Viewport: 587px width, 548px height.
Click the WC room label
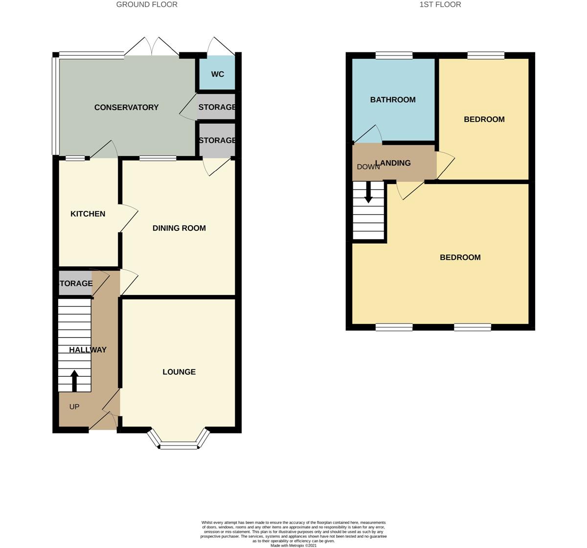tap(218, 74)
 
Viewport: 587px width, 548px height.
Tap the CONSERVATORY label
tap(127, 107)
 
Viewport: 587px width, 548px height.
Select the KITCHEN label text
tap(88, 214)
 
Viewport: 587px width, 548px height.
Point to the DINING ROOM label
tap(179, 228)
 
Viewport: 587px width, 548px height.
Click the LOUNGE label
tap(179, 372)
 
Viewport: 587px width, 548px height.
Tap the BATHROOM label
tap(393, 100)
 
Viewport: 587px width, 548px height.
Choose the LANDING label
tap(393, 163)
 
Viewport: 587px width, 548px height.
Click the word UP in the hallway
tap(74, 407)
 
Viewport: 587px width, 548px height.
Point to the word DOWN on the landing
tap(368, 167)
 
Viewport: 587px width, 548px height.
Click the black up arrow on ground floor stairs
tap(74, 381)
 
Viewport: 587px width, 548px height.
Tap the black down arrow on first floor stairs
tap(368, 192)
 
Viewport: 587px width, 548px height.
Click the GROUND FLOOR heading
tap(147, 4)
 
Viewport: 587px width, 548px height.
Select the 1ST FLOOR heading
tap(440, 4)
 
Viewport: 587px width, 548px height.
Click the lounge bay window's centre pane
tap(179, 446)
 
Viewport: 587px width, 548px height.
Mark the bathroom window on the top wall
tap(394, 55)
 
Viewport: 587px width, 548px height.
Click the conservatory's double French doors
tap(152, 46)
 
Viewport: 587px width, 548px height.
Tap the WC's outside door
tap(221, 46)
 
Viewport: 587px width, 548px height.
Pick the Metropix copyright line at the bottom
tap(293, 546)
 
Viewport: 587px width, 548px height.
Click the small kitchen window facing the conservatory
tap(75, 158)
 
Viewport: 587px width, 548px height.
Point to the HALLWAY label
tap(88, 350)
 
